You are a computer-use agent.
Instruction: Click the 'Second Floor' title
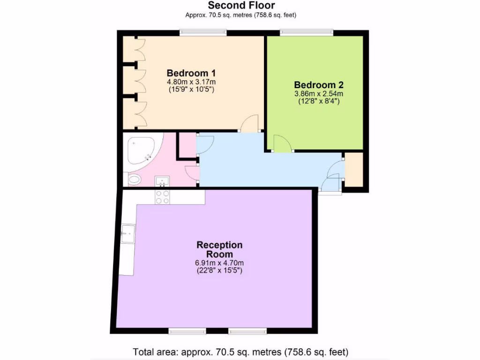[241, 6]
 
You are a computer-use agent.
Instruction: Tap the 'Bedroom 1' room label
[191, 73]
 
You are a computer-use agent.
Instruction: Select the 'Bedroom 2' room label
[319, 85]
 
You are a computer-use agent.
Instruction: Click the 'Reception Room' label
[219, 249]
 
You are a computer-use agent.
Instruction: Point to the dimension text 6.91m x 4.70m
[219, 262]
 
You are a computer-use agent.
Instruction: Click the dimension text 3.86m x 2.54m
[319, 93]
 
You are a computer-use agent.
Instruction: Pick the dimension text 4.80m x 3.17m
[191, 82]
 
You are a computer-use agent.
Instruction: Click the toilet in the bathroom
[134, 179]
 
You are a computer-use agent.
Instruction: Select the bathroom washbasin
[163, 180]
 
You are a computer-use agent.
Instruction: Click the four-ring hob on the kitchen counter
[162, 197]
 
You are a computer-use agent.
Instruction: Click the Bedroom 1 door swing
[250, 123]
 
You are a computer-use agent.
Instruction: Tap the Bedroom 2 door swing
[282, 144]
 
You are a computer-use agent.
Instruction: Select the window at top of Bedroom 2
[307, 33]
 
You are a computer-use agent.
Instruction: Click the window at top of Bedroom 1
[203, 33]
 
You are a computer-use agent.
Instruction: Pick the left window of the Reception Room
[187, 331]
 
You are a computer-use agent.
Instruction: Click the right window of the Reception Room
[247, 331]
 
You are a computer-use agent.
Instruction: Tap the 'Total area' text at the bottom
[240, 352]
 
